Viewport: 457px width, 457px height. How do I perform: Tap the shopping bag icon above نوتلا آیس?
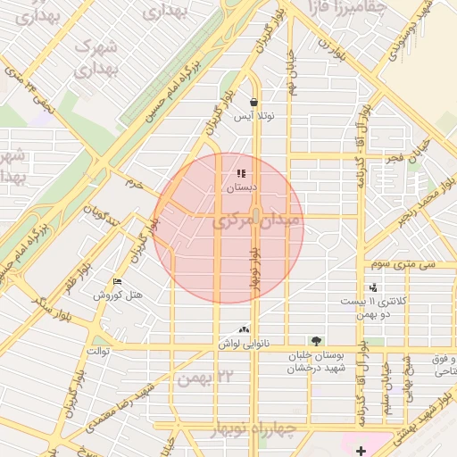[x=254, y=103]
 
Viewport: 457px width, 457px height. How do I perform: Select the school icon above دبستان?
[x=241, y=173]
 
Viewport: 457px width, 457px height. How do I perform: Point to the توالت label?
[x=97, y=351]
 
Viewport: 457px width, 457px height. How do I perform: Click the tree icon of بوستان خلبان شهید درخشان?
[x=315, y=340]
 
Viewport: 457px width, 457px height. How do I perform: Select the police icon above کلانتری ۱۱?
[x=372, y=287]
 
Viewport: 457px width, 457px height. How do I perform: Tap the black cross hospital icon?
[x=360, y=451]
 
